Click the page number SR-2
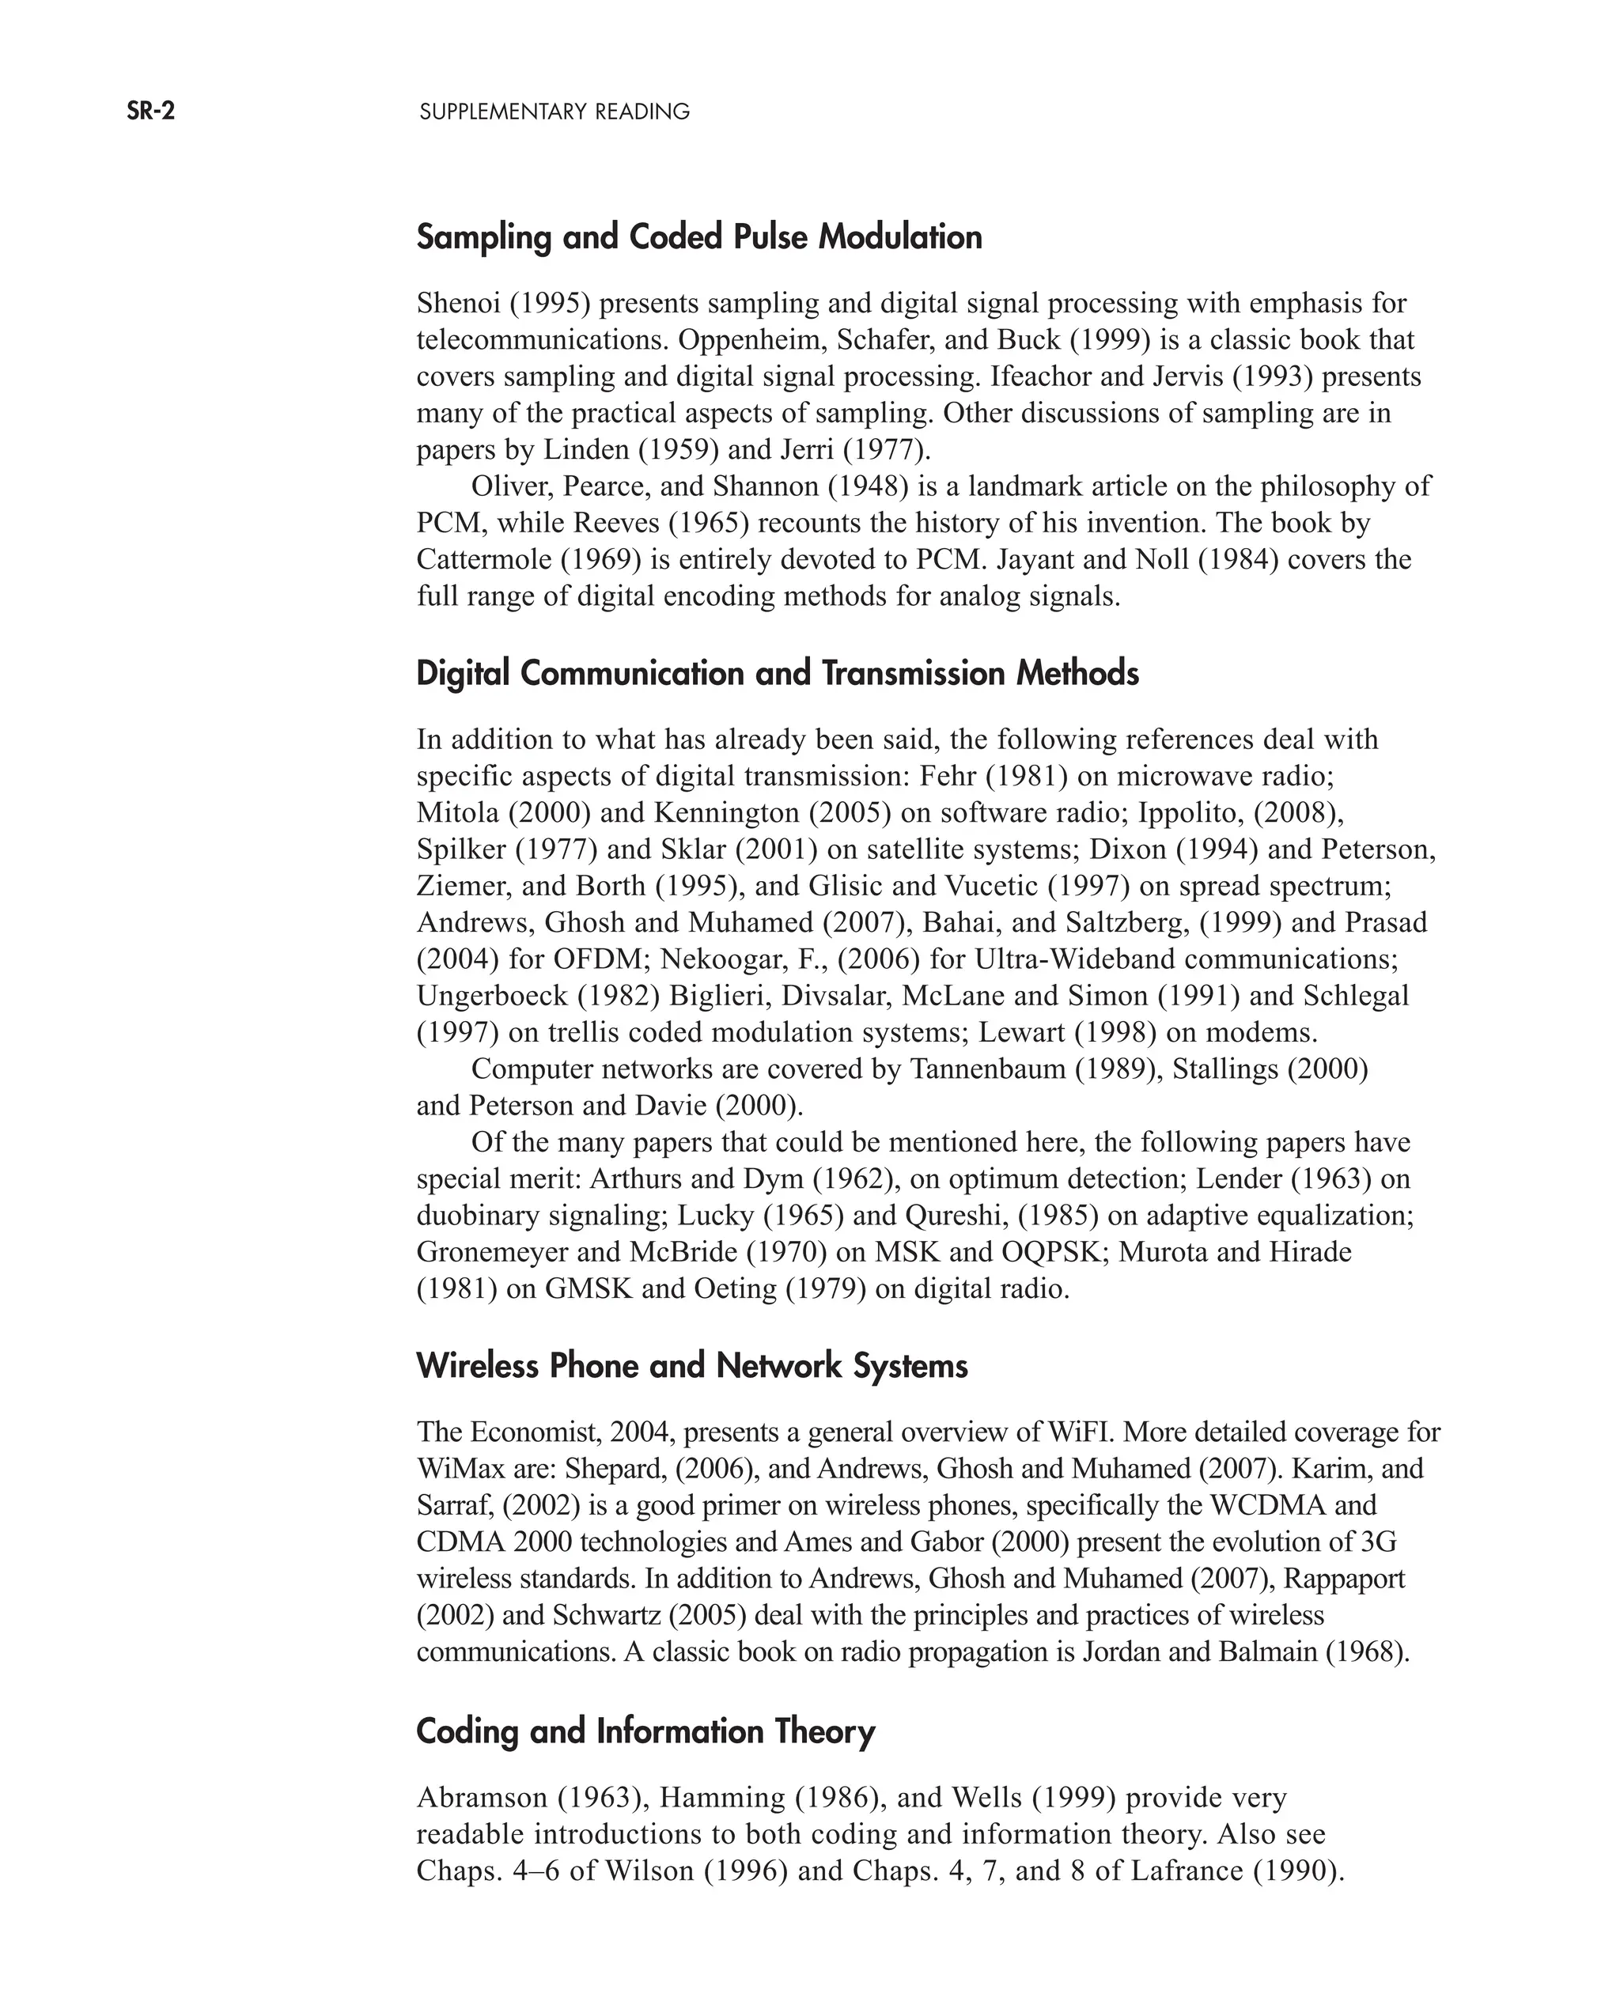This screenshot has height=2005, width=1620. coord(151,112)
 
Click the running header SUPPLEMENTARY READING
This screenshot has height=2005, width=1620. coord(555,112)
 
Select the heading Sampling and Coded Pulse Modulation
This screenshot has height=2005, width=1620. coord(699,237)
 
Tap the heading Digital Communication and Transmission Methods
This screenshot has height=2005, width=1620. coord(778,674)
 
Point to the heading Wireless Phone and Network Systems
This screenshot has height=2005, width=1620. coord(691,1366)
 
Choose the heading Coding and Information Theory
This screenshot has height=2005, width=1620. coord(645,1731)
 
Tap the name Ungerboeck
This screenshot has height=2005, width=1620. coord(493,996)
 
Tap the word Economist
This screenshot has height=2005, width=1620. coord(532,1432)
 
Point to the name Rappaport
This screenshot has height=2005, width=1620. coord(1344,1579)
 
